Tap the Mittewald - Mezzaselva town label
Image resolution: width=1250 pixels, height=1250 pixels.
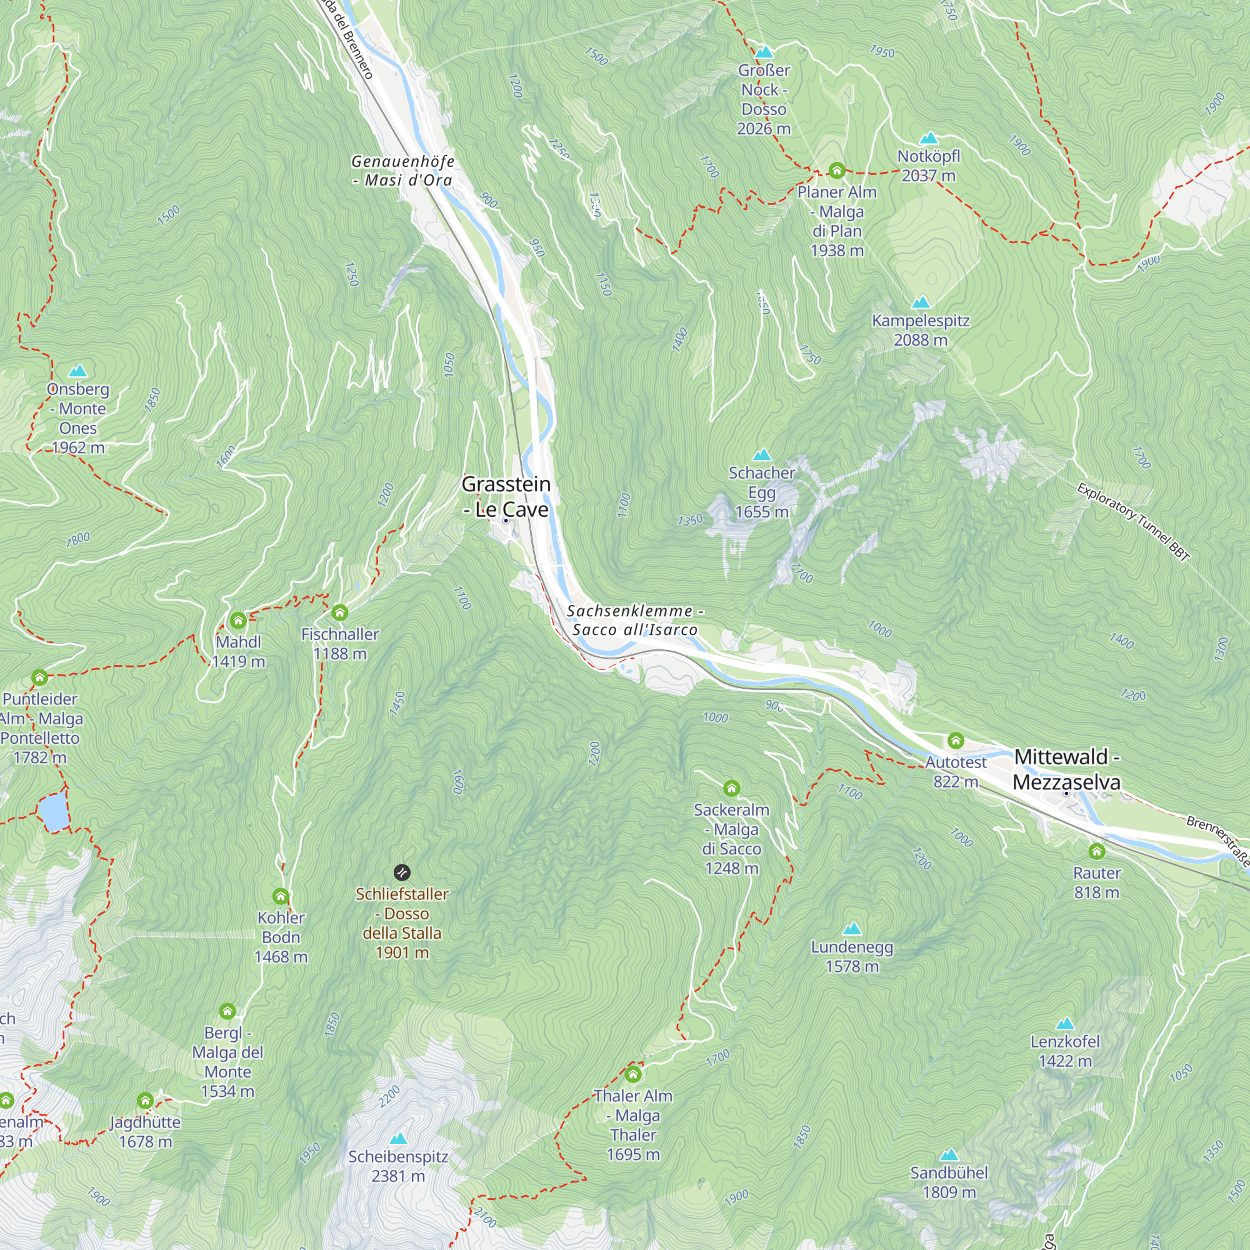click(x=1066, y=769)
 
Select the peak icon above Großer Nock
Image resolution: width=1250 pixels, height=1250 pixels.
click(x=764, y=52)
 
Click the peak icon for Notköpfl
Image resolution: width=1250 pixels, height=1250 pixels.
click(x=929, y=137)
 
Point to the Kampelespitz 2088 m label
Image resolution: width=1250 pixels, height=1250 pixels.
click(x=921, y=330)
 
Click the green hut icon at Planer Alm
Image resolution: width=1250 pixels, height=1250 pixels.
click(x=837, y=171)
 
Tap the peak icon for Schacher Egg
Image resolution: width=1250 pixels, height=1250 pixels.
click(x=761, y=455)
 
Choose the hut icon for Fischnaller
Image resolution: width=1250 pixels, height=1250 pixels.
click(x=339, y=612)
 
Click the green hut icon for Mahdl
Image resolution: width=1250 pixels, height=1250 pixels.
click(x=238, y=621)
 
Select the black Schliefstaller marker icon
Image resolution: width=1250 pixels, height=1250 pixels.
click(x=402, y=872)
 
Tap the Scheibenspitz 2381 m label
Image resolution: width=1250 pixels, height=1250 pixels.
click(x=398, y=1166)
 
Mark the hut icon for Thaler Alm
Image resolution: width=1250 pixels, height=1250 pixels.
click(x=632, y=1075)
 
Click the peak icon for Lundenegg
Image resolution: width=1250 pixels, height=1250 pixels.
click(x=852, y=929)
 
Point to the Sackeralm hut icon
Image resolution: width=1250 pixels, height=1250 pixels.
click(x=731, y=789)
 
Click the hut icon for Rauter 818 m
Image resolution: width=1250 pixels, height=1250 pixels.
click(x=1097, y=851)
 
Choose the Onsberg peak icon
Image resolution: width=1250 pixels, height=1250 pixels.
click(x=77, y=371)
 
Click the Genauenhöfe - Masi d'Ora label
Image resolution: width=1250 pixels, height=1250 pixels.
click(x=402, y=171)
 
